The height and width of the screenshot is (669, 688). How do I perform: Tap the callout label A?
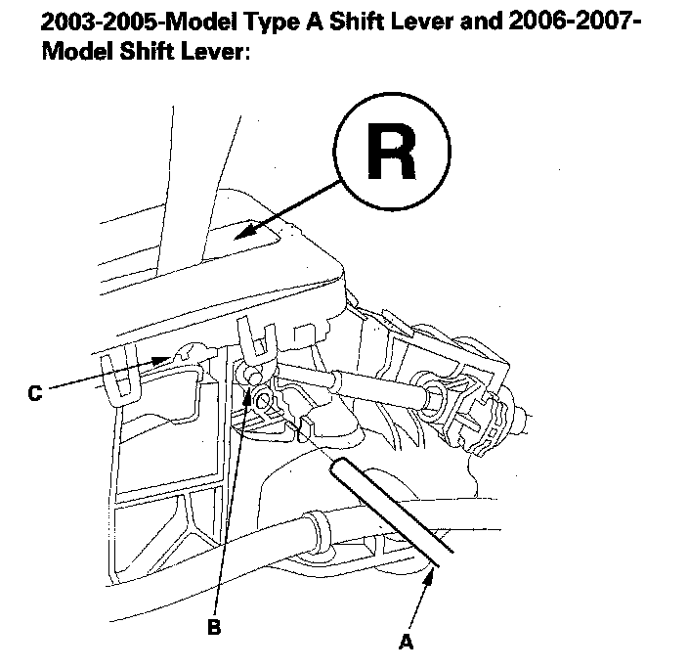(x=405, y=642)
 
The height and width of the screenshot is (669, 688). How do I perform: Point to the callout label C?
(x=35, y=394)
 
